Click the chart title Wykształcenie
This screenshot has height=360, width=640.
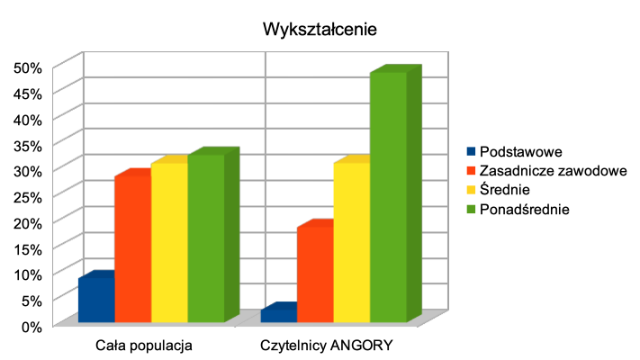coord(320,29)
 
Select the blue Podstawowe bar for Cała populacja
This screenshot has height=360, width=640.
coord(96,300)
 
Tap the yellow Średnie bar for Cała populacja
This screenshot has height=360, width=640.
coord(169,242)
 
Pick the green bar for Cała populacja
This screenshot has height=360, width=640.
coord(206,238)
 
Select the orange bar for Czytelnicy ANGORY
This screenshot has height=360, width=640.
coord(315,274)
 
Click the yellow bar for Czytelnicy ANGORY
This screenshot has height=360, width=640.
coord(352,242)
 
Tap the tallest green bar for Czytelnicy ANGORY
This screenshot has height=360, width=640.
coord(388,197)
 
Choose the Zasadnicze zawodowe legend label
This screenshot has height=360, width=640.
coord(553,170)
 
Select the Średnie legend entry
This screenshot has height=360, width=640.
coord(505,190)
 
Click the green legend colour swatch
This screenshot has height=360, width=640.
coord(470,209)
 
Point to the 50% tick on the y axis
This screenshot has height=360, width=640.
coord(28,67)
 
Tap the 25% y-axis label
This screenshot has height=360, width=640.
coord(28,195)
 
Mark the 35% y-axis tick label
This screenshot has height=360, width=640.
coord(28,144)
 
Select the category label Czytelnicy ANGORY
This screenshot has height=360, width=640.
coord(327,345)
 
